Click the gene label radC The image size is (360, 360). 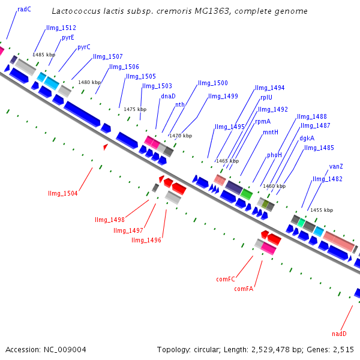(24, 9)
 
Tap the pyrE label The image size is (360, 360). (68, 37)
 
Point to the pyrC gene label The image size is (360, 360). (83, 47)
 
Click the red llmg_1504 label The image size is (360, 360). (62, 193)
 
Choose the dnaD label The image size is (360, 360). (168, 96)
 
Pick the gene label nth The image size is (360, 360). (179, 104)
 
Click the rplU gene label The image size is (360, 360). (266, 97)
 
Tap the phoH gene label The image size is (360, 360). (274, 154)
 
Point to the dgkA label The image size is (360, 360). (307, 137)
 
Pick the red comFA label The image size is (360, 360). (244, 289)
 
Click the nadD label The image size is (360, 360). (339, 334)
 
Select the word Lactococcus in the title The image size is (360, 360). (74, 11)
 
